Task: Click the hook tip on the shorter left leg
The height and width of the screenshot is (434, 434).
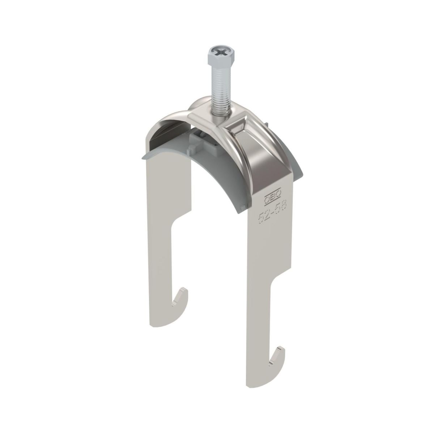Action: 183,290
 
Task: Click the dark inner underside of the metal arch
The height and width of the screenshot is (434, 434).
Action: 166,130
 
